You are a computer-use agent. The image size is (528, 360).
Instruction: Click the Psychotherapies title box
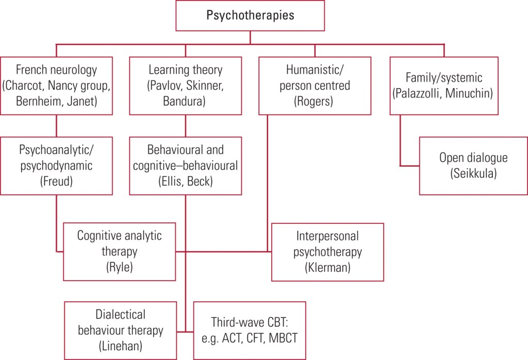tap(250, 15)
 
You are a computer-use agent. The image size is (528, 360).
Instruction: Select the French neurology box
tap(56, 85)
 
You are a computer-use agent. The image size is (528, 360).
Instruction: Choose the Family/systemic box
tap(443, 85)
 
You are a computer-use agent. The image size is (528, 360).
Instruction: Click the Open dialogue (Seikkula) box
tap(473, 166)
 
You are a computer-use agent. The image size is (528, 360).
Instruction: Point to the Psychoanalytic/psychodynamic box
tap(56, 166)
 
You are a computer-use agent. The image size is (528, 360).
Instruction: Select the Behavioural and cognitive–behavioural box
tap(185, 166)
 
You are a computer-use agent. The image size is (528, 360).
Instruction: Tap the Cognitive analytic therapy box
tap(119, 251)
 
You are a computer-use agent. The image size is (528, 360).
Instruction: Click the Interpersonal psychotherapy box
tap(327, 251)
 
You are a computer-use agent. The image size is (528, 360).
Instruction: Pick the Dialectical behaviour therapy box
tap(119, 330)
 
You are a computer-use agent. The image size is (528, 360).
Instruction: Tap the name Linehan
tap(120, 346)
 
